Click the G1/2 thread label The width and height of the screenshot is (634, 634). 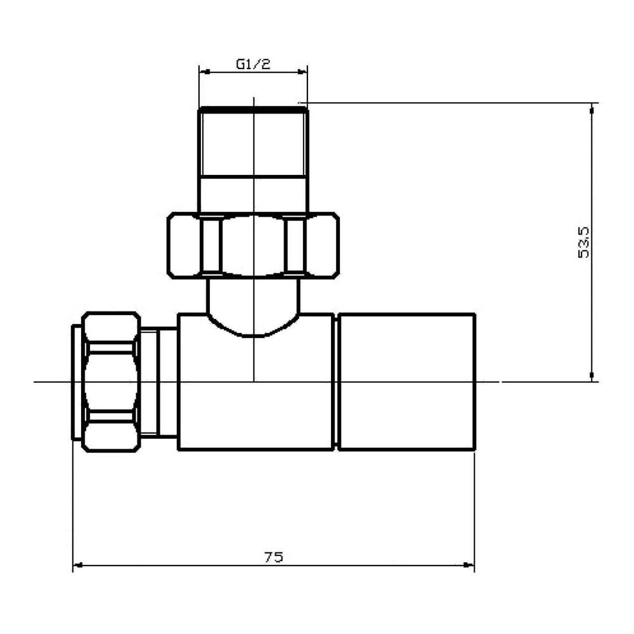253,63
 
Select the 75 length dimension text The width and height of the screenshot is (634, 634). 273,557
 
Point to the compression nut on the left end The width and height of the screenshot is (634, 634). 110,382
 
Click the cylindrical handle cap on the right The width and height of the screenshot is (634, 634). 406,382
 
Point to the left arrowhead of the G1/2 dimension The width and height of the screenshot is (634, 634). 203,72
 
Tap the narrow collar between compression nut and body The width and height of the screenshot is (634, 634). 158,382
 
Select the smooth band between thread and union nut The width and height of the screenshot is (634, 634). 253,193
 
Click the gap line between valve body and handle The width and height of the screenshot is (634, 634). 336,382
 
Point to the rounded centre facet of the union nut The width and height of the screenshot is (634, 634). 253,245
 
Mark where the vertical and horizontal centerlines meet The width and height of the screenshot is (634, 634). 254,382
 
